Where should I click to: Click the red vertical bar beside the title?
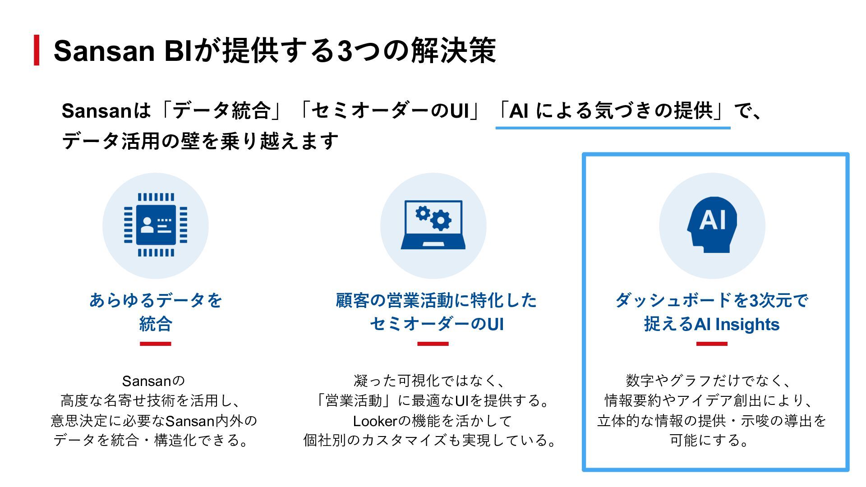click(37, 50)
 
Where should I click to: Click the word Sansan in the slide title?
click(104, 51)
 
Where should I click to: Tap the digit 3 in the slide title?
click(345, 51)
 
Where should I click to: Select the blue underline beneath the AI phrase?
click(613, 128)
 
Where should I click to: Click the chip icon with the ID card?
click(156, 225)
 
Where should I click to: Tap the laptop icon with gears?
click(433, 225)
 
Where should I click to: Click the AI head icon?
click(712, 225)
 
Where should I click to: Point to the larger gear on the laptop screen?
click(441, 220)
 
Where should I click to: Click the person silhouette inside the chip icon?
click(147, 224)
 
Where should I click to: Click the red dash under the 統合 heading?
click(156, 344)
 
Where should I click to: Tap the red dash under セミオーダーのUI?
click(433, 344)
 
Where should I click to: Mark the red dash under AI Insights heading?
click(712, 344)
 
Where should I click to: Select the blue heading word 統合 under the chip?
click(156, 324)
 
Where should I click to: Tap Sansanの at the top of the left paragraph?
click(153, 381)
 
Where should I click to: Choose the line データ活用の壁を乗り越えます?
click(200, 141)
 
